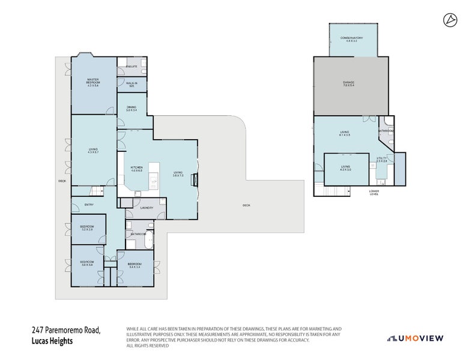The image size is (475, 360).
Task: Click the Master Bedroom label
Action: (92, 82)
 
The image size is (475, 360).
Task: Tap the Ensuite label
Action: (132, 67)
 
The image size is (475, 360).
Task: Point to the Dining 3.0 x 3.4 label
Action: (132, 109)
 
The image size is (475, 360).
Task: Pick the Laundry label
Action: (147, 208)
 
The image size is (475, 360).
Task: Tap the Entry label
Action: (89, 205)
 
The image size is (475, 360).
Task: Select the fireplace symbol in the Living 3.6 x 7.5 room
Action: (193, 179)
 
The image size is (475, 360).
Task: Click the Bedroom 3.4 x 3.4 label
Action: (135, 265)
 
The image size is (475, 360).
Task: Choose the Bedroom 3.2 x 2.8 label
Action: (88, 228)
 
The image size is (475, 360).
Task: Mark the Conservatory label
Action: (352, 39)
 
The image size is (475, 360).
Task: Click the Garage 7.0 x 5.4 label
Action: (348, 84)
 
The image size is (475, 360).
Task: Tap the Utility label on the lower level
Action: (381, 160)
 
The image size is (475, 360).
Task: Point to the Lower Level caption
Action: (374, 193)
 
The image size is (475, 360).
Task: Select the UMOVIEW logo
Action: (416, 338)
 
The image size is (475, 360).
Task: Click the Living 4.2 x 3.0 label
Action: (345, 169)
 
